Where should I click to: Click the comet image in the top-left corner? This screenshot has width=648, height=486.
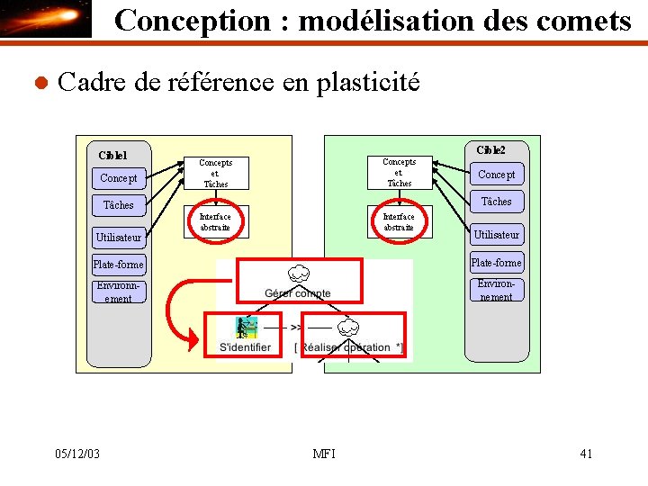(47, 19)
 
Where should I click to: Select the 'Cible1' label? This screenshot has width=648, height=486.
(112, 155)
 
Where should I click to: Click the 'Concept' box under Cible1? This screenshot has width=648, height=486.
(119, 178)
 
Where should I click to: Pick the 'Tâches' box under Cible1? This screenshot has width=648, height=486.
(118, 205)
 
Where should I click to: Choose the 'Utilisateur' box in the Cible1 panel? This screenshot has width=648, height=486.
(119, 237)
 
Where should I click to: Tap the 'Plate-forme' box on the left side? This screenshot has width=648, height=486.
(118, 265)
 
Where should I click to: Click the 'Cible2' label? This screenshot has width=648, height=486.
(490, 149)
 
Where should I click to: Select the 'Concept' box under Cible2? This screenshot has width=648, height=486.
(496, 175)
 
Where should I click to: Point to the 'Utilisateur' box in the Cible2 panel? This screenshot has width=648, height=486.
(496, 234)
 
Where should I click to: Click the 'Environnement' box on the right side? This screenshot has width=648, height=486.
(496, 290)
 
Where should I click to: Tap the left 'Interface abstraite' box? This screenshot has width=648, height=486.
(215, 222)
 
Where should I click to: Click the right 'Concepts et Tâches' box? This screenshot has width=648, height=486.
(399, 172)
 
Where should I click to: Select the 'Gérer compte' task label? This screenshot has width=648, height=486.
(297, 293)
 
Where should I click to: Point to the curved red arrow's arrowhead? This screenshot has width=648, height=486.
(192, 341)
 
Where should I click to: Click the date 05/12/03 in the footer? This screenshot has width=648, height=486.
(76, 454)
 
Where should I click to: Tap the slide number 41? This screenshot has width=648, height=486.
(586, 454)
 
